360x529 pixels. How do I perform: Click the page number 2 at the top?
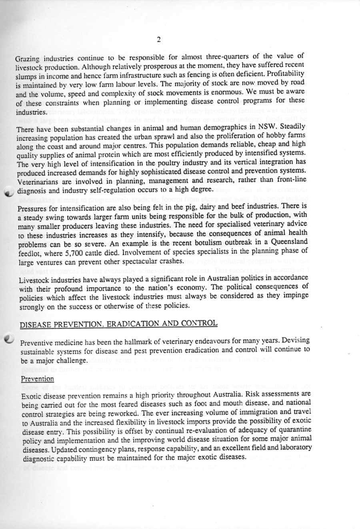[159, 39]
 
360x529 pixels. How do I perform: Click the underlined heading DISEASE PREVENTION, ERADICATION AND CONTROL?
[119, 323]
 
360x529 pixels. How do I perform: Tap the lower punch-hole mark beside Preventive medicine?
[8, 339]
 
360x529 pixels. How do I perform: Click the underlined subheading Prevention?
[37, 379]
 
